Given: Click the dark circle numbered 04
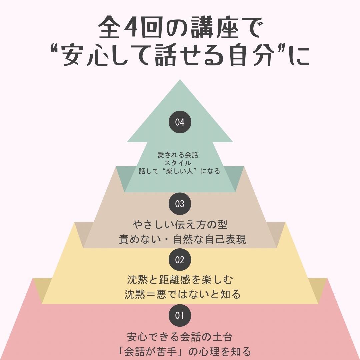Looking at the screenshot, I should pos(180,122).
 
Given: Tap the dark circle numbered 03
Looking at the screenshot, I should pos(180,204).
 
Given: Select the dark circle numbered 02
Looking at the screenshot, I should pos(180,260).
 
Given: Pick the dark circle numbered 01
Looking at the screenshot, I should pos(180,315).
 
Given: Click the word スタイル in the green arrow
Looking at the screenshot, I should pos(180,163).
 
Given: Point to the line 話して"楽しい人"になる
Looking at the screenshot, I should pos(180,171).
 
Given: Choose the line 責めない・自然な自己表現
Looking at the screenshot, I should pos(182,239).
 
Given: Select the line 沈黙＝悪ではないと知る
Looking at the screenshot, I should pos(182,294).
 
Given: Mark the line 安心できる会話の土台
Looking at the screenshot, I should pos(180,337).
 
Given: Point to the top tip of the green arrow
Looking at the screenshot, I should pos(180,81).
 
